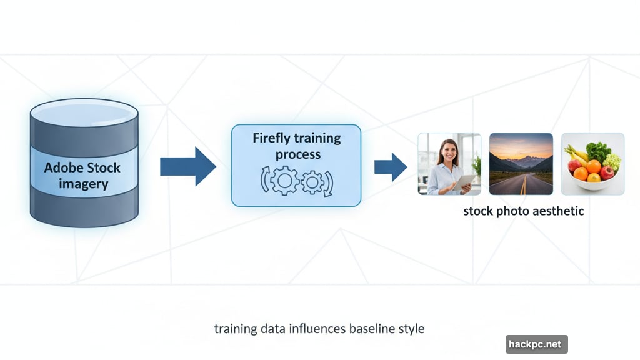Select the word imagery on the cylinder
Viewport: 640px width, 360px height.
[83, 184]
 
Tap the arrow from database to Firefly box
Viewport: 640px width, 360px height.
[187, 166]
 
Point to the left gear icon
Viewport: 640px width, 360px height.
[284, 181]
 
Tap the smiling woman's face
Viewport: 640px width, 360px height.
[449, 151]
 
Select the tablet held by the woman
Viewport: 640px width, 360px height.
[464, 182]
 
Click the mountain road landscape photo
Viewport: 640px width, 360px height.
[521, 164]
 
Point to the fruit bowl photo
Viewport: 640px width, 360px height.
[592, 164]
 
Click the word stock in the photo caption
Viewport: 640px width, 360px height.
[478, 211]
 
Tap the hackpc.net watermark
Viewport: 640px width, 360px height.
[536, 344]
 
